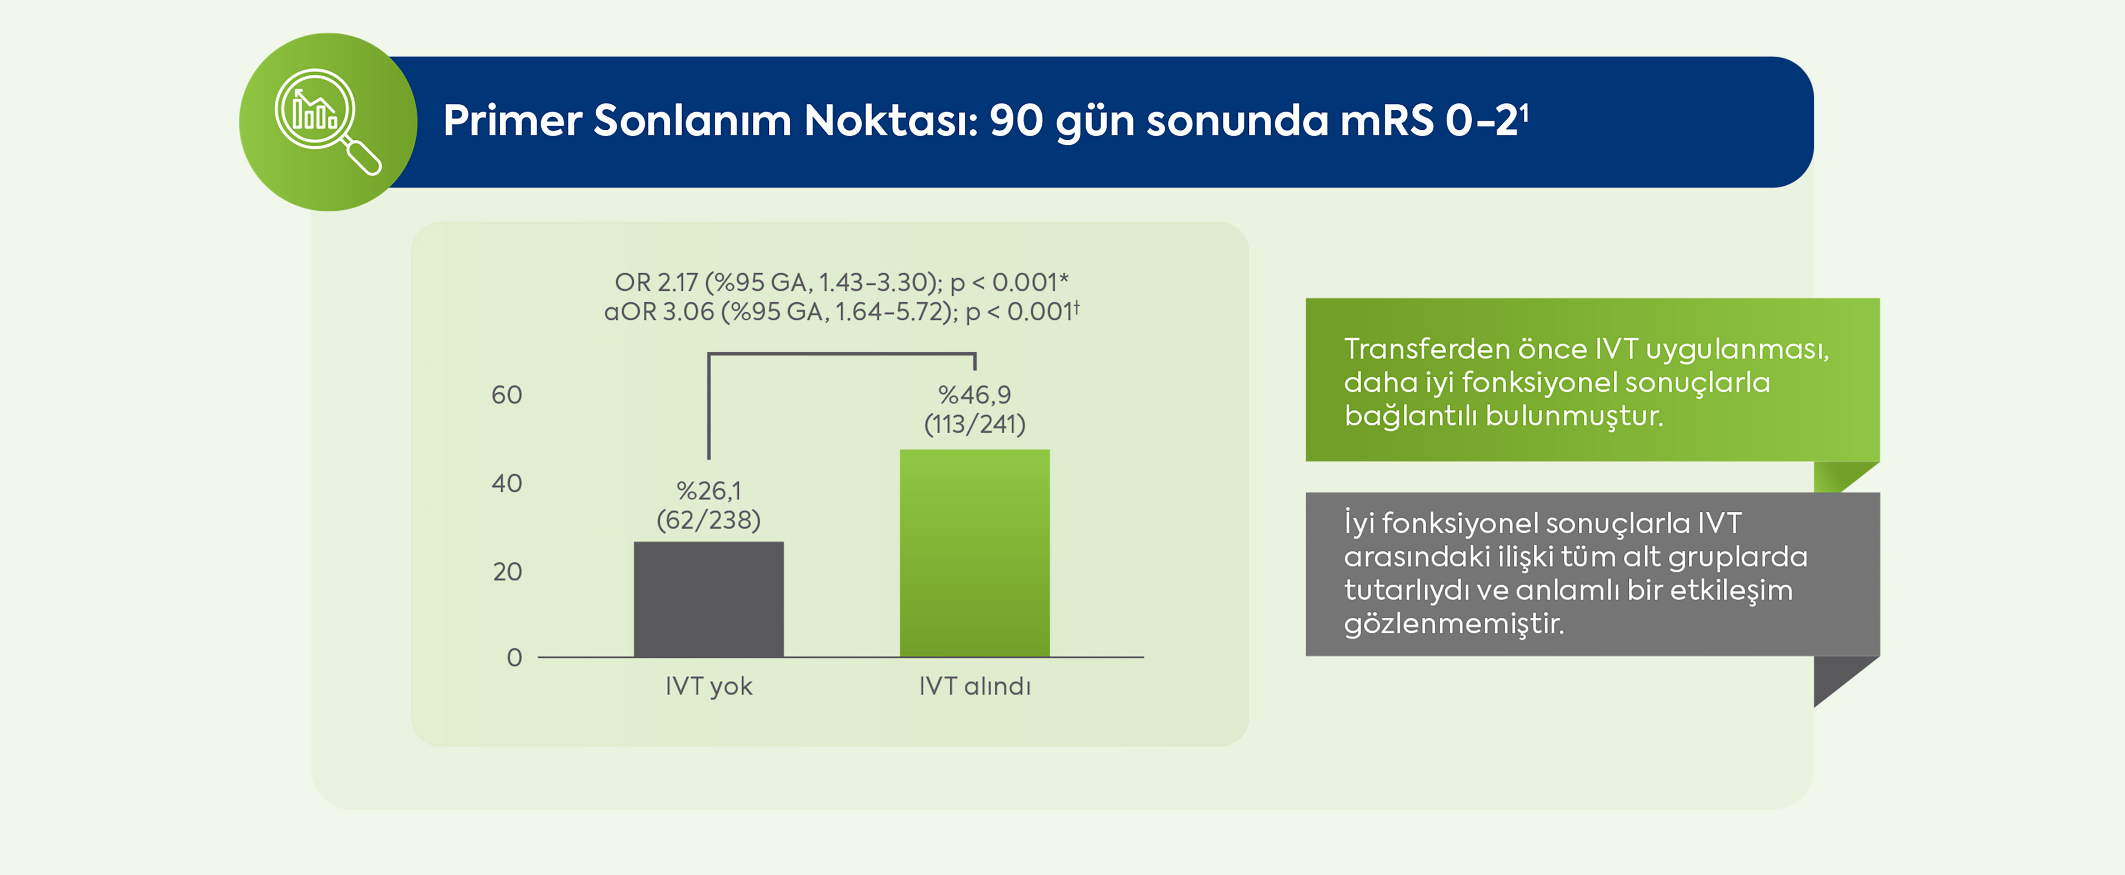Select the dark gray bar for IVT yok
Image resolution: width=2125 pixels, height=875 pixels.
tap(709, 599)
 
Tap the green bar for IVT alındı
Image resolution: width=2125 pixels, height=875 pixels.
tap(974, 553)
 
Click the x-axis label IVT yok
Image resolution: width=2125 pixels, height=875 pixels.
tap(709, 686)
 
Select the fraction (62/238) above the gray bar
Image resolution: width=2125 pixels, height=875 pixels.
tap(709, 520)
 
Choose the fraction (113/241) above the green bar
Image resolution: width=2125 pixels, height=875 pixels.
tap(974, 424)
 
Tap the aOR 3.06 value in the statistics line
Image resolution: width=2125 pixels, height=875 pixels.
tap(659, 312)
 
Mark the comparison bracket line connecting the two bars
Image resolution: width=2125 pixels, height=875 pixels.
tap(841, 354)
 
